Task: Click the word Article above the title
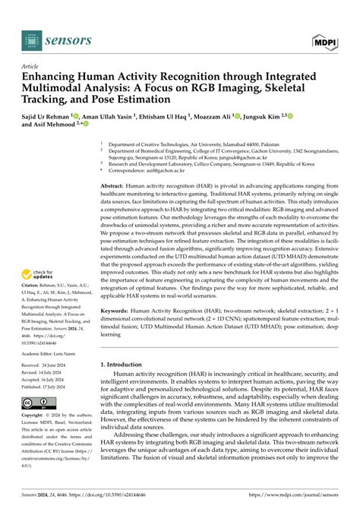pyautogui.click(x=31, y=66)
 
